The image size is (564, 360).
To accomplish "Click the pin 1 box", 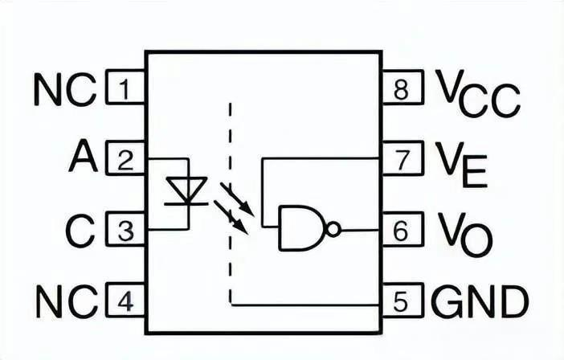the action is (125, 87).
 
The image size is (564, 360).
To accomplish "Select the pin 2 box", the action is (125, 158).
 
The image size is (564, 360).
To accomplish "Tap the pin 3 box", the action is (125, 229).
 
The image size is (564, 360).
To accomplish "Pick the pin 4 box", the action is (125, 301).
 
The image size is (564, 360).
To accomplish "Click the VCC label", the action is (478, 93).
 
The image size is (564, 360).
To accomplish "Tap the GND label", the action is (480, 301).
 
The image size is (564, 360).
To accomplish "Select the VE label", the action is (461, 165).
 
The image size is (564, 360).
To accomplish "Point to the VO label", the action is (464, 234).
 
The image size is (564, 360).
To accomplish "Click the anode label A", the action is (83, 157).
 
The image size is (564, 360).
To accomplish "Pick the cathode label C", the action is (80, 231).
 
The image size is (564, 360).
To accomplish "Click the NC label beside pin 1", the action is (65, 89).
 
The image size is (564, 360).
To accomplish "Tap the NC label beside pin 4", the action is (67, 301).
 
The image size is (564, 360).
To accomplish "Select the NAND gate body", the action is (302, 228).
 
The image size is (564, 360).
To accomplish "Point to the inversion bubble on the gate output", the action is (333, 229).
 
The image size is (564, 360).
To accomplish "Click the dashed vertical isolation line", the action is (231, 203).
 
